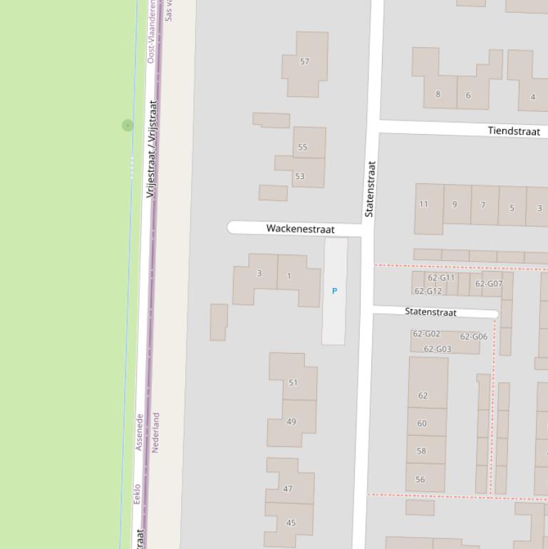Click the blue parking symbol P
[x=334, y=291]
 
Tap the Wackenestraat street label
[x=300, y=229]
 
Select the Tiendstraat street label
[x=513, y=131]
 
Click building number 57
[x=305, y=61]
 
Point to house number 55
[x=303, y=148]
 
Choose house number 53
[x=300, y=176]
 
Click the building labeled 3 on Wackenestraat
[x=259, y=273]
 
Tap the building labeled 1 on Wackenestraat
[x=289, y=276]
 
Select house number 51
[x=293, y=383]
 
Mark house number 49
[x=291, y=421]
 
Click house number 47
[x=288, y=489]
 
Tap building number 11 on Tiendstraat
[x=424, y=205]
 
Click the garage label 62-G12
[x=428, y=291]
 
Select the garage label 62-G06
[x=474, y=337]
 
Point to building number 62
[x=423, y=396]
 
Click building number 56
[x=420, y=479]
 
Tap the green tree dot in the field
[x=128, y=125]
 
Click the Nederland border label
[x=156, y=432]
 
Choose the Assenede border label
[x=140, y=432]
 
